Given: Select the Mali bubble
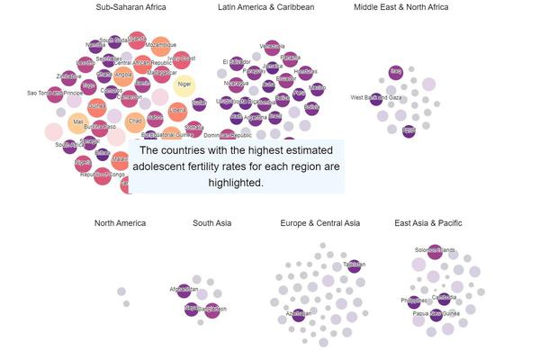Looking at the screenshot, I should point(78,121).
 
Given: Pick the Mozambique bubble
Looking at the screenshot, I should point(161,46).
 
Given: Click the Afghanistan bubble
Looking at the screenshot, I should point(184,290).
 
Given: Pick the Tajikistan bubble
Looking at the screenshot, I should point(354,265).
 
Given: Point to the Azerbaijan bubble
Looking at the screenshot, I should point(297,314).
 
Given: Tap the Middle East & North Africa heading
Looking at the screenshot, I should point(400,8).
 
